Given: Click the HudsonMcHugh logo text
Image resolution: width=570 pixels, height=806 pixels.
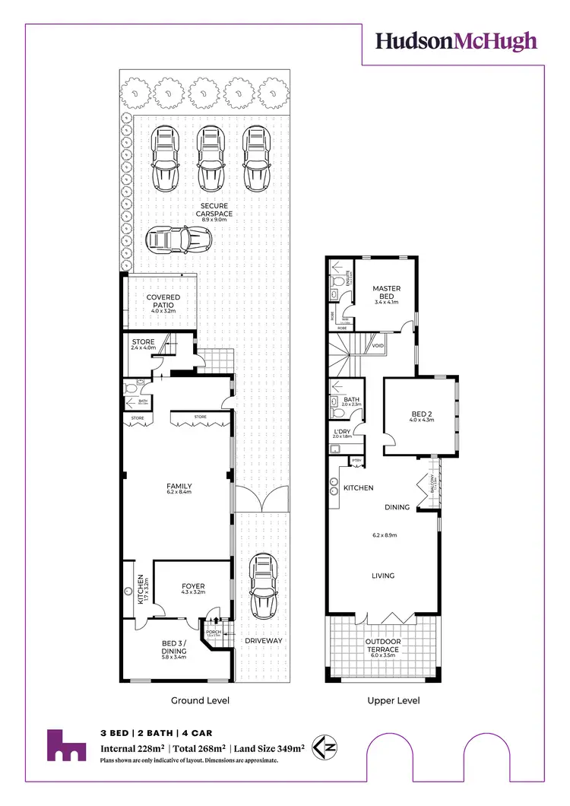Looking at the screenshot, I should click(x=456, y=41).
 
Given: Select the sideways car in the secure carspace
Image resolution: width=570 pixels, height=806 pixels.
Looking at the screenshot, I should click(x=179, y=241).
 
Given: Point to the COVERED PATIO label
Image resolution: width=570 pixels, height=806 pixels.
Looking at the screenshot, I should click(x=163, y=302).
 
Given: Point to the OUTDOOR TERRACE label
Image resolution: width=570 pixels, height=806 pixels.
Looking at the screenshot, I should click(x=383, y=645).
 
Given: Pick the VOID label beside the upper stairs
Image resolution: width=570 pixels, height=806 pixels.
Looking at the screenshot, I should click(x=378, y=346).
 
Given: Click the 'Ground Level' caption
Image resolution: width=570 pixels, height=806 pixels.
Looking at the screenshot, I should click(x=201, y=700).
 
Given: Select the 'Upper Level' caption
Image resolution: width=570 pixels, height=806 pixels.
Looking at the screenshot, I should click(x=393, y=700).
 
